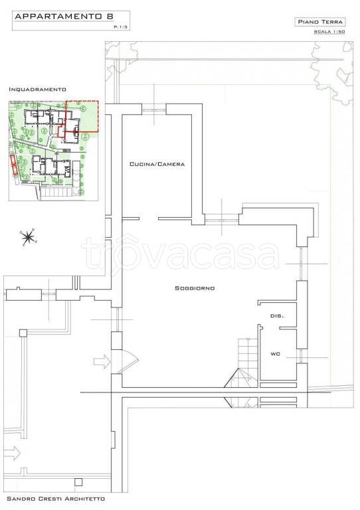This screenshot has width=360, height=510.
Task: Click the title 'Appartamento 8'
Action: click(x=64, y=16)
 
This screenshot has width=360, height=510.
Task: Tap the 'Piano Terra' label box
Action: click(x=320, y=22)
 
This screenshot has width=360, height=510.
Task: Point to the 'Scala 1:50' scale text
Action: click(x=329, y=32)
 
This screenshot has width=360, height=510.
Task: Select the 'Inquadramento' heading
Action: click(x=37, y=89)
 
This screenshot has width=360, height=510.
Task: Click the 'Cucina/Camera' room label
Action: click(x=157, y=164)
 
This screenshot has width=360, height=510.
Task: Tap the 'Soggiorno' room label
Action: click(x=195, y=288)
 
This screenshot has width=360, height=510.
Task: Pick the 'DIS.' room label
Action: click(x=277, y=316)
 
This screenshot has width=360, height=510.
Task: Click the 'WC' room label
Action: click(x=275, y=354)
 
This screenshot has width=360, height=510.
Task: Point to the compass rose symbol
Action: click(x=29, y=237)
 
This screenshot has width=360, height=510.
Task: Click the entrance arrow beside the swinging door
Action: click(x=102, y=361)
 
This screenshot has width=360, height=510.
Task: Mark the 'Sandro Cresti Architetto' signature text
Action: click(x=56, y=499)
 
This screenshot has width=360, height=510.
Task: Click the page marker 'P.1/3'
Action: click(x=120, y=27)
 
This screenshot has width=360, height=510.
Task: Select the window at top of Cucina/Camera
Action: click(x=154, y=110)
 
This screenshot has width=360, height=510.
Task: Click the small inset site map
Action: click(x=54, y=151)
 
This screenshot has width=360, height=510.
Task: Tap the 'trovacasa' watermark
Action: click(x=180, y=252)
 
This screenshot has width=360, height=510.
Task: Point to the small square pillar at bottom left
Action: click(x=78, y=481)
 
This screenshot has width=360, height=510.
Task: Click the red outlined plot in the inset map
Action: click(x=82, y=116)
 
